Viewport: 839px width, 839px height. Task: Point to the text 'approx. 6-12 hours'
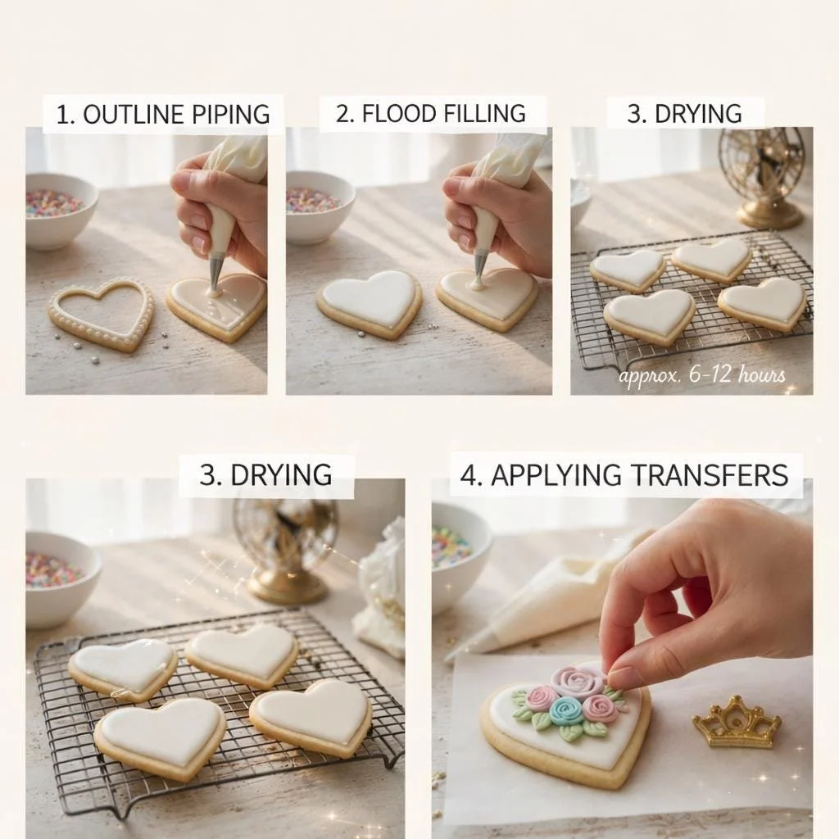[x=702, y=374]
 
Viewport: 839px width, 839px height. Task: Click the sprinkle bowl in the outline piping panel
[x=61, y=210]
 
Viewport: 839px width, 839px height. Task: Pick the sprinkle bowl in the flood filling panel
[x=319, y=206]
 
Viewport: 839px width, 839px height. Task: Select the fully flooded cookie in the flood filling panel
[x=370, y=303]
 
